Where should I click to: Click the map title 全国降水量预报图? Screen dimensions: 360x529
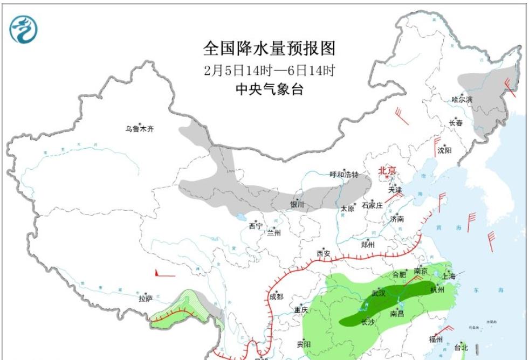[x=269, y=49]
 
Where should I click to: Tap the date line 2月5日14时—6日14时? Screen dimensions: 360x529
[x=269, y=71]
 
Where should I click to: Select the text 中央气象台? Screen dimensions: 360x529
[x=269, y=89]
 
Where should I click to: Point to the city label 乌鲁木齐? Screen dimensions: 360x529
[x=140, y=129]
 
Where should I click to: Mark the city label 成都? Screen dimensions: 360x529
[x=276, y=296]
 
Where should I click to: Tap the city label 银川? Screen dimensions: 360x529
[x=297, y=205]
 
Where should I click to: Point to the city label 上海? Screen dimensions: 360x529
[x=449, y=276]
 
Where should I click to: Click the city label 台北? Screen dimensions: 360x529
[x=462, y=347]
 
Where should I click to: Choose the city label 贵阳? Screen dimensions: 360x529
[x=304, y=344]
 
